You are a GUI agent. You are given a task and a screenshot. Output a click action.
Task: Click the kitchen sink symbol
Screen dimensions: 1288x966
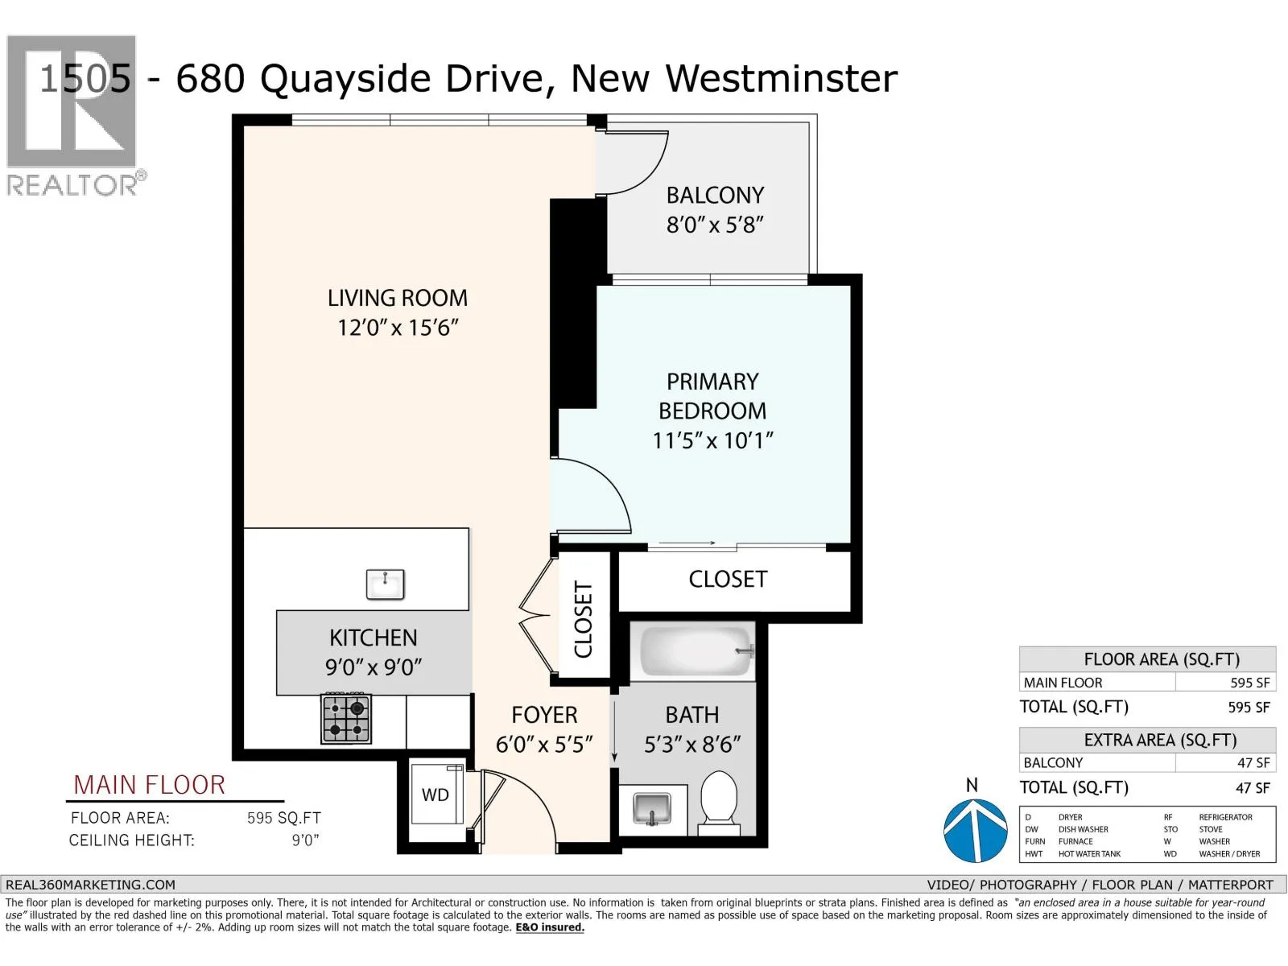[x=385, y=584]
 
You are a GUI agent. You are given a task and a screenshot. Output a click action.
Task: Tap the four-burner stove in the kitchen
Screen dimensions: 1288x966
[x=346, y=719]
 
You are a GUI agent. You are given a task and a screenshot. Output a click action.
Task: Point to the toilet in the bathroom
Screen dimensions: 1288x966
[x=719, y=803]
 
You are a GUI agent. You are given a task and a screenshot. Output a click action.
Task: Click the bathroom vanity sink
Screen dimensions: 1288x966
[x=652, y=809]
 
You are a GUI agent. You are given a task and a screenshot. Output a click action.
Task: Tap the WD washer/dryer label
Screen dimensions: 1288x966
[x=435, y=795]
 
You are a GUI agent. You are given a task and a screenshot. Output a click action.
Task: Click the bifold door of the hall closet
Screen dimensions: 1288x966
[x=535, y=615]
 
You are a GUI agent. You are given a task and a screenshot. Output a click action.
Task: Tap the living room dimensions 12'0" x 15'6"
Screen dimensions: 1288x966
[x=397, y=328]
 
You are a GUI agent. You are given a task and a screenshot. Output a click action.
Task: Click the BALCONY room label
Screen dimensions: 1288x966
[x=715, y=196]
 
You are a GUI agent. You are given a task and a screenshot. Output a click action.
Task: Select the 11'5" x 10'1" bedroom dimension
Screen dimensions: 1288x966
[x=713, y=440]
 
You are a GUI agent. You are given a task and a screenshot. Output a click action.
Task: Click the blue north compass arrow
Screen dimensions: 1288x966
[x=975, y=830]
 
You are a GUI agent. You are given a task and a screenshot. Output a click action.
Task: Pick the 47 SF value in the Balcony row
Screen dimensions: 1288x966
[x=1253, y=762]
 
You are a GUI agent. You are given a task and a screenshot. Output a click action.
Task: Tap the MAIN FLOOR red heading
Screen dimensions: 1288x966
[x=149, y=785]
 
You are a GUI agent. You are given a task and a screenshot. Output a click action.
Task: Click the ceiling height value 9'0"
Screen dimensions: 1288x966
[x=305, y=840]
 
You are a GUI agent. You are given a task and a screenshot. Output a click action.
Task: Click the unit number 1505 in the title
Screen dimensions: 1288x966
[x=85, y=78]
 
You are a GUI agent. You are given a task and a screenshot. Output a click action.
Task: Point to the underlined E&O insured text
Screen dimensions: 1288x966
[x=550, y=927]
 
